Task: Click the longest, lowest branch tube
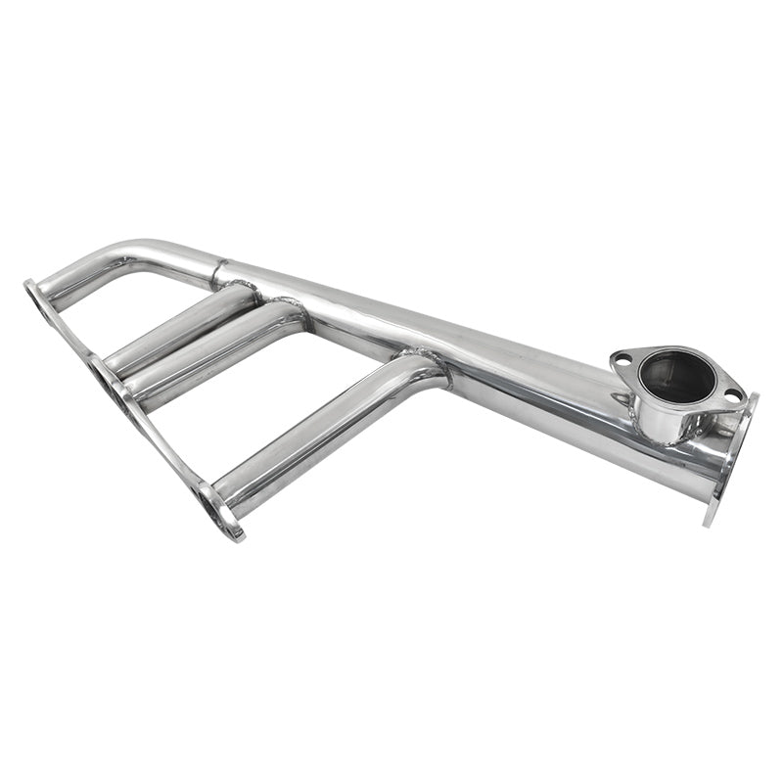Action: tap(313, 431)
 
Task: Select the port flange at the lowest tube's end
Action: tap(217, 509)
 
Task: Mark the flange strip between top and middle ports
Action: tap(69, 333)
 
